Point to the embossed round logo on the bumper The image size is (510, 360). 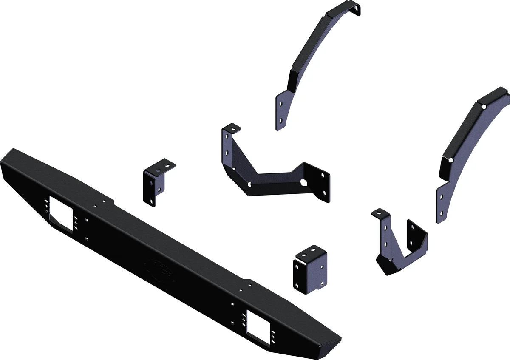159,269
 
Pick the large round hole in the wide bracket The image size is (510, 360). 304,183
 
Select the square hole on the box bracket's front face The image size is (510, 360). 322,283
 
